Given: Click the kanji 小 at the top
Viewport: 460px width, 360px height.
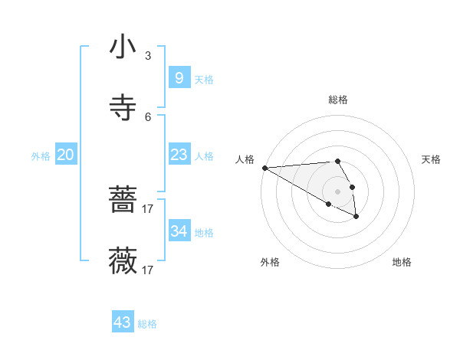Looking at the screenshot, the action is tap(123, 47).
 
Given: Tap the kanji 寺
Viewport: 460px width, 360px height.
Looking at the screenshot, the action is tap(123, 108).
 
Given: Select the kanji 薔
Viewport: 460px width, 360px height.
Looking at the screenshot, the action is tap(123, 201).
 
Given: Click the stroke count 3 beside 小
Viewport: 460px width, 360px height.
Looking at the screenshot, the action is tap(148, 56).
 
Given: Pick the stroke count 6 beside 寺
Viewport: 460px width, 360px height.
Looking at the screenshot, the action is tap(148, 116).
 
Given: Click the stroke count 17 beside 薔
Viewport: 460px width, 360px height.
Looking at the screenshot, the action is tap(148, 208).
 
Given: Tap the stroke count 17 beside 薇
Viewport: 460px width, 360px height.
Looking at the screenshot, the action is tap(148, 270).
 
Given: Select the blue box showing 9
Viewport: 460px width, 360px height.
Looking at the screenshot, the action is tap(179, 77).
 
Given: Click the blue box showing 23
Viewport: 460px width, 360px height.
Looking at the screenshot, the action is tap(179, 155).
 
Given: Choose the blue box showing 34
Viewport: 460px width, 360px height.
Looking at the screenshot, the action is tap(179, 231).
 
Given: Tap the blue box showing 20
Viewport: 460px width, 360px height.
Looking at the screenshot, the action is tap(65, 155).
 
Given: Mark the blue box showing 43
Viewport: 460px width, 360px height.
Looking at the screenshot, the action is tap(123, 322).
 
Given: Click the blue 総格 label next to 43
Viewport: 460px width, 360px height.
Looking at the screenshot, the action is tap(147, 324).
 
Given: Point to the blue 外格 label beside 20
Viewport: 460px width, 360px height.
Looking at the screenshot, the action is tap(41, 156).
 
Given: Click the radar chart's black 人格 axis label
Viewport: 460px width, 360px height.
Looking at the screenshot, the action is tap(245, 159).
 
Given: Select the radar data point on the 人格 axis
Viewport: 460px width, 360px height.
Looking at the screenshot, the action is tap(264, 168).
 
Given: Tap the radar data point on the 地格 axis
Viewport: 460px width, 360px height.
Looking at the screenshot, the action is tap(356, 218).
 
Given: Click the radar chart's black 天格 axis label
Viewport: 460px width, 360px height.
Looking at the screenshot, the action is tap(431, 159).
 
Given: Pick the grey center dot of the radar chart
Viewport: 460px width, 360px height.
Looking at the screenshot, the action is tap(337, 191).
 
